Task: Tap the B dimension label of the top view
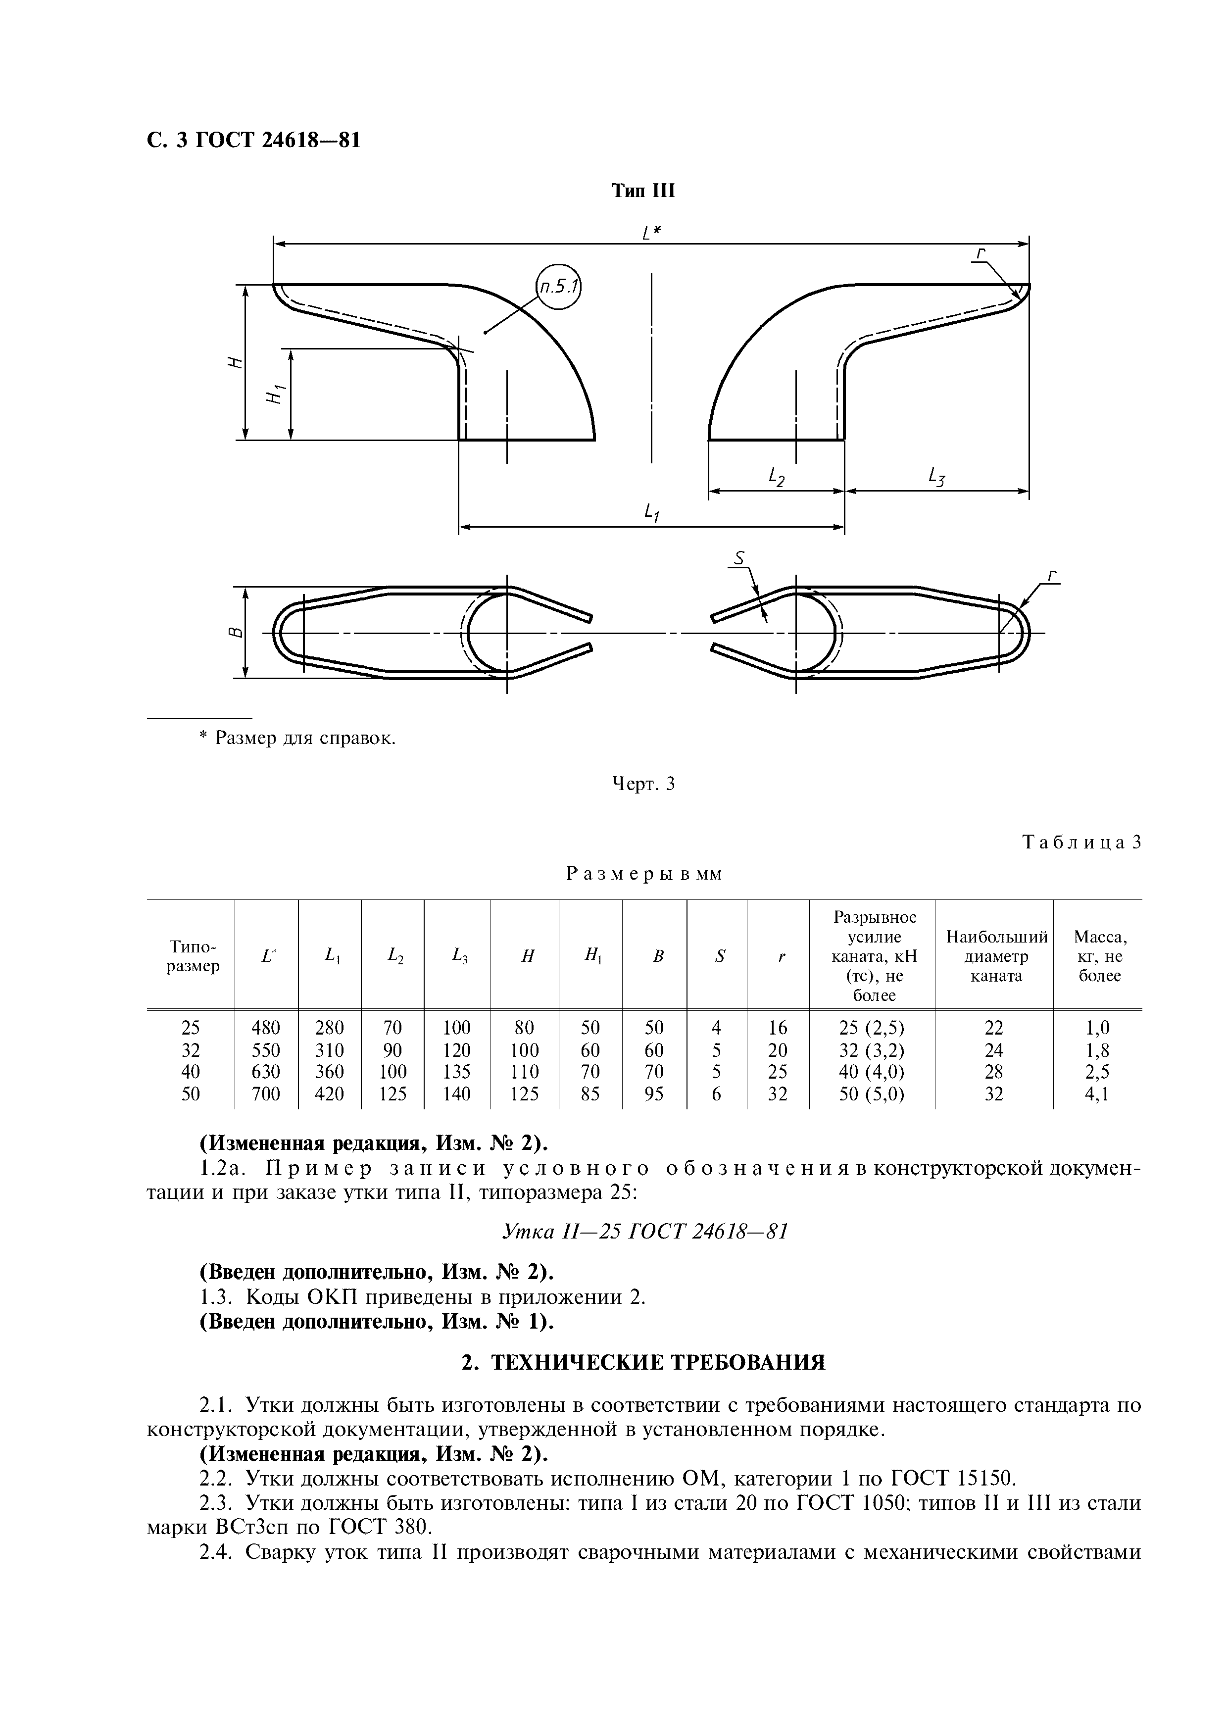236,632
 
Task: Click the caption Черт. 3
642,784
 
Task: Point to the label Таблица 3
1080,843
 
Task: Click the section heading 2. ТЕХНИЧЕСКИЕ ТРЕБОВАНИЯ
643,1362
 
